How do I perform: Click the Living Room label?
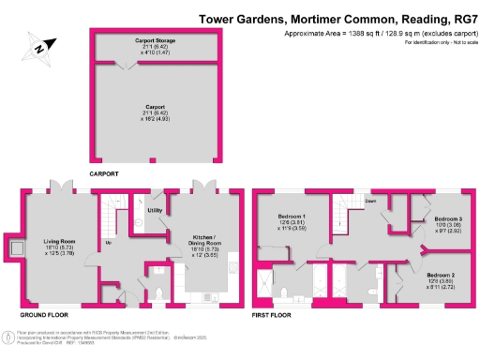tap(60, 241)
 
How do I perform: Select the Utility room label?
tap(155, 210)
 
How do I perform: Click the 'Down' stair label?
tap(371, 200)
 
